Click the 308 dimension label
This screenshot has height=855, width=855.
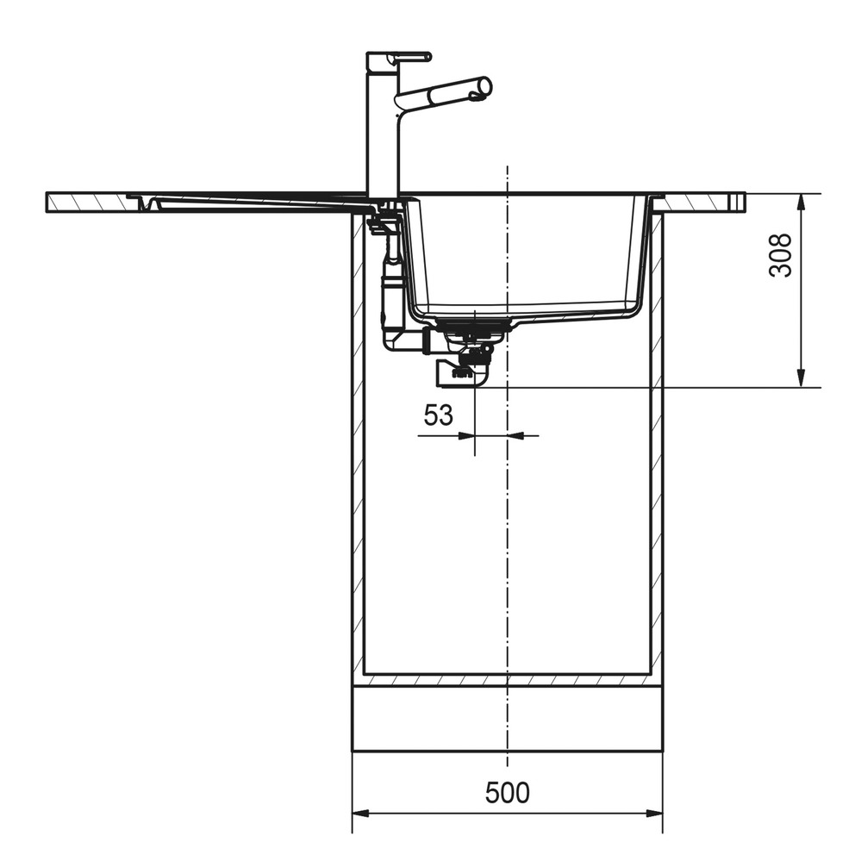[x=780, y=255]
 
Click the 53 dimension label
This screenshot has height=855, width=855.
[x=439, y=415]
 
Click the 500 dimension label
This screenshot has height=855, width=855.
[x=507, y=793]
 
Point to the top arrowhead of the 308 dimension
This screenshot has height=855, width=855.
[x=801, y=203]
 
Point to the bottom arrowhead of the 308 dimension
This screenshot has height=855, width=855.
[x=801, y=378]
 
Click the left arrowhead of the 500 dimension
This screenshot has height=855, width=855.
[x=361, y=814]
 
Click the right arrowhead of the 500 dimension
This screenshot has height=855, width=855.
[x=654, y=814]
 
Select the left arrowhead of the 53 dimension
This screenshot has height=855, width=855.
[x=467, y=435]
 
